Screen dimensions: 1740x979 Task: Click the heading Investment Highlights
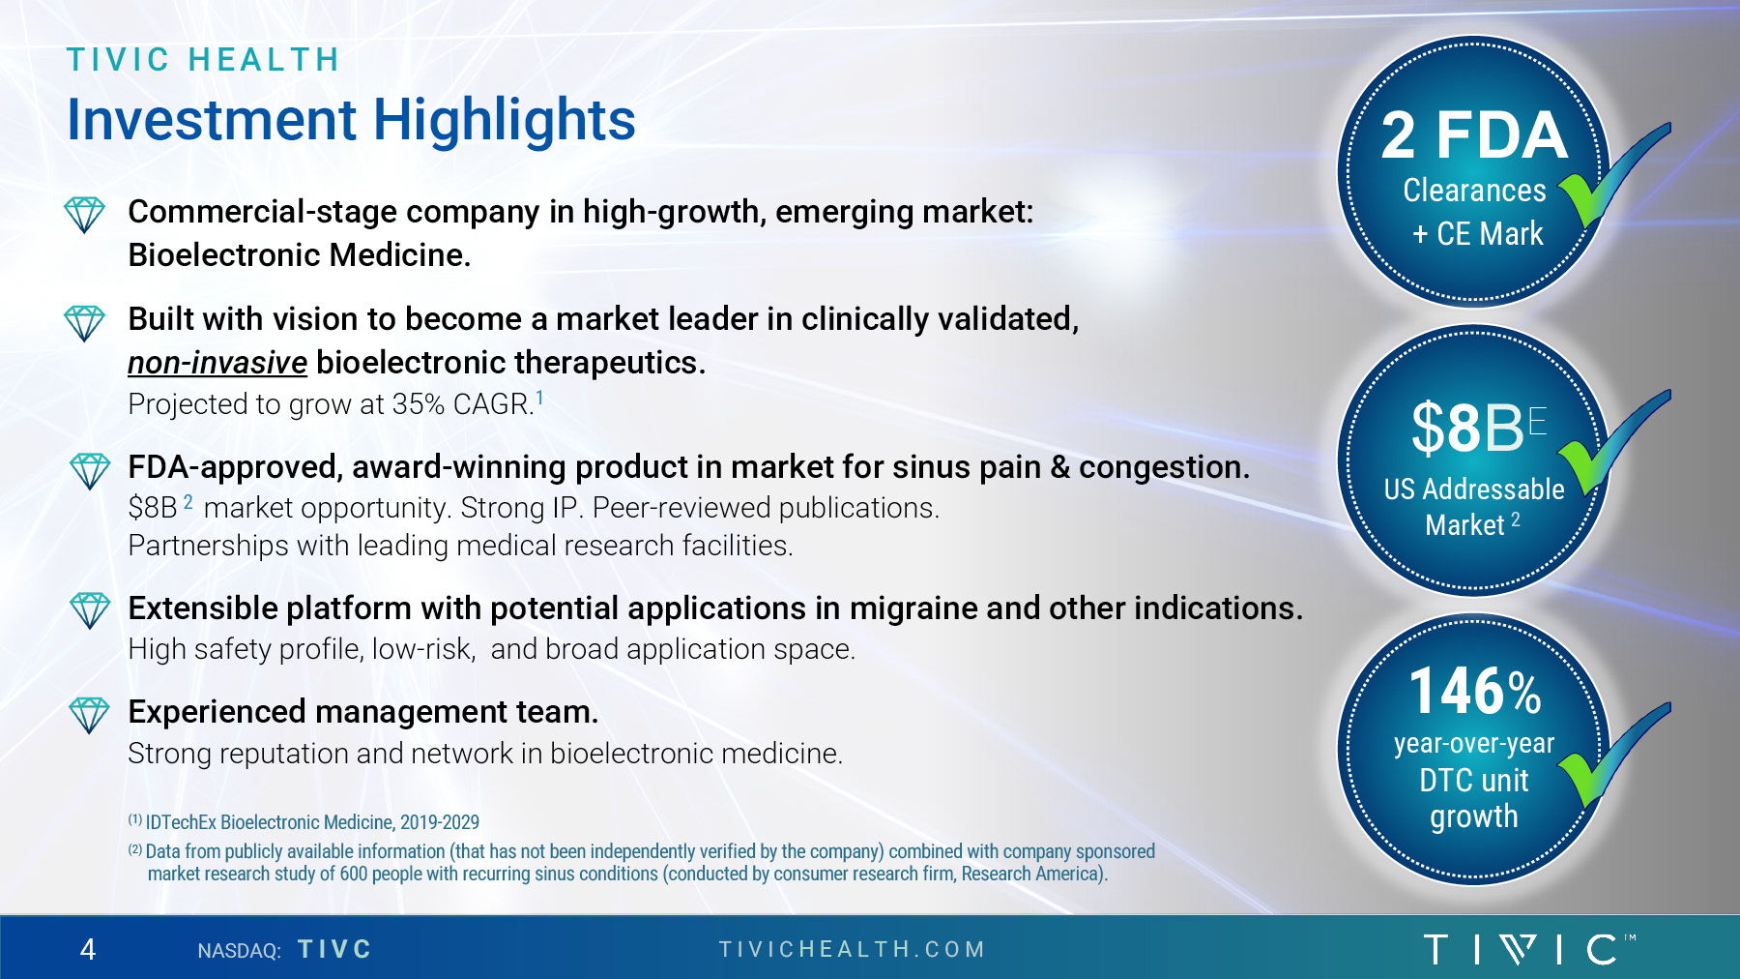click(x=351, y=120)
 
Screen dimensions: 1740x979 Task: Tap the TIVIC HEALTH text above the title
click(x=203, y=60)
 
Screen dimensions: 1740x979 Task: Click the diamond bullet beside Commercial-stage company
click(x=84, y=214)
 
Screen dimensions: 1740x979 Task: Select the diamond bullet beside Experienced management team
click(x=89, y=715)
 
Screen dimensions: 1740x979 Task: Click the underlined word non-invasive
click(x=217, y=363)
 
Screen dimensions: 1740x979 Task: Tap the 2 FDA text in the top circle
click(x=1473, y=135)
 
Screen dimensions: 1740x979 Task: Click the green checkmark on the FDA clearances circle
click(x=1614, y=174)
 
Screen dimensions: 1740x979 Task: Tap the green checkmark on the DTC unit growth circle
click(x=1614, y=756)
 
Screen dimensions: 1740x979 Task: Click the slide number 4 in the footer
click(x=88, y=950)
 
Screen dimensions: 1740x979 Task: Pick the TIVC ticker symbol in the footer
click(x=334, y=950)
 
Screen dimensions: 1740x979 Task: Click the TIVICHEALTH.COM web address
click(x=852, y=950)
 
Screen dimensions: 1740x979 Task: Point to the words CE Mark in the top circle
click(x=1490, y=234)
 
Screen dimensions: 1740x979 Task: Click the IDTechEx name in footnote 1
click(x=181, y=822)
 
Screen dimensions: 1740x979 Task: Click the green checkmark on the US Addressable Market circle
click(x=1614, y=442)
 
